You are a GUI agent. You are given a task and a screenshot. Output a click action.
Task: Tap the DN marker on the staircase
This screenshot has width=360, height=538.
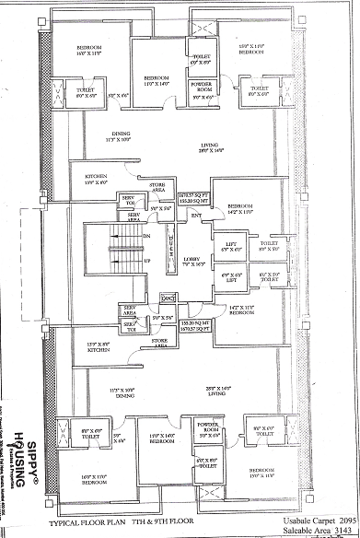pyautogui.click(x=147, y=235)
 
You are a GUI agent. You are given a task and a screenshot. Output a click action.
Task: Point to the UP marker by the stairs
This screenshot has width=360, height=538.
pyautogui.click(x=147, y=261)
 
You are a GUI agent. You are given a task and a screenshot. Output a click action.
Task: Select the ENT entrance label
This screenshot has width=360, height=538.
pyautogui.click(x=196, y=216)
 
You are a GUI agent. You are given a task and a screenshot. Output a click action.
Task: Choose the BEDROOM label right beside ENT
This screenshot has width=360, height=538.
pyautogui.click(x=240, y=205)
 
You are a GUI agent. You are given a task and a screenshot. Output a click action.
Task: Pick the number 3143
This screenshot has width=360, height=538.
pyautogui.click(x=345, y=531)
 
